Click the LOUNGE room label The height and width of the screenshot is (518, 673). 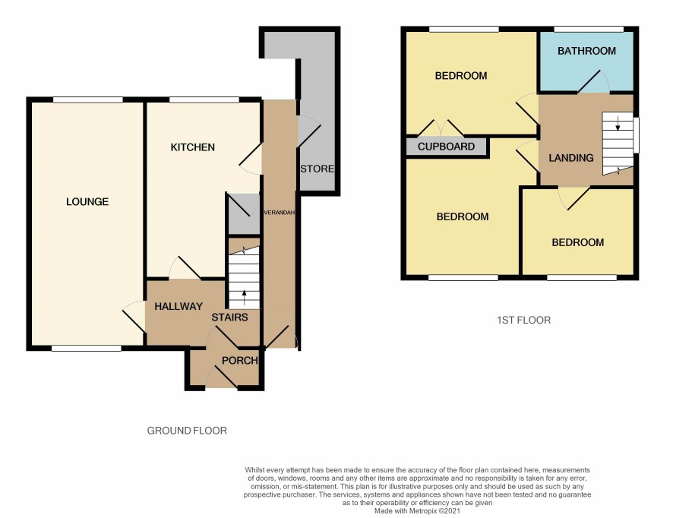(x=87, y=202)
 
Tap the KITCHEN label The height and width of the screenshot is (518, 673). (x=192, y=147)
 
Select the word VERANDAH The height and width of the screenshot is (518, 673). (x=279, y=213)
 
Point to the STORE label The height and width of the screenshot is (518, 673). (x=318, y=169)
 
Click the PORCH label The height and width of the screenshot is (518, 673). (x=240, y=361)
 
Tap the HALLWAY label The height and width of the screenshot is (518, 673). (x=179, y=306)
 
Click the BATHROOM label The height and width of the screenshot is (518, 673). (x=586, y=51)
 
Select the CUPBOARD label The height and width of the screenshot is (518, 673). (x=446, y=147)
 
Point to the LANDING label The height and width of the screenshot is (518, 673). (x=571, y=158)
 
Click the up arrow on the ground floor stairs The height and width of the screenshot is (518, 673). (x=245, y=298)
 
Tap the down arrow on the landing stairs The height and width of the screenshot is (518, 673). (x=618, y=124)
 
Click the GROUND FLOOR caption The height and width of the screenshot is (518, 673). (x=187, y=431)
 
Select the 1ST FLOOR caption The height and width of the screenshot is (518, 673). (x=523, y=321)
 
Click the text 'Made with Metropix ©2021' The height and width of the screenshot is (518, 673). (x=417, y=510)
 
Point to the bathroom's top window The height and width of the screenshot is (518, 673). (x=589, y=29)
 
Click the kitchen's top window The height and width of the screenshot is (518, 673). (x=204, y=100)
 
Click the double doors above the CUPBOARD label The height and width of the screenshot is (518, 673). (x=441, y=128)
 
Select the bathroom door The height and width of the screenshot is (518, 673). (x=593, y=81)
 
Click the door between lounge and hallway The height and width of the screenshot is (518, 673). (x=134, y=317)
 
